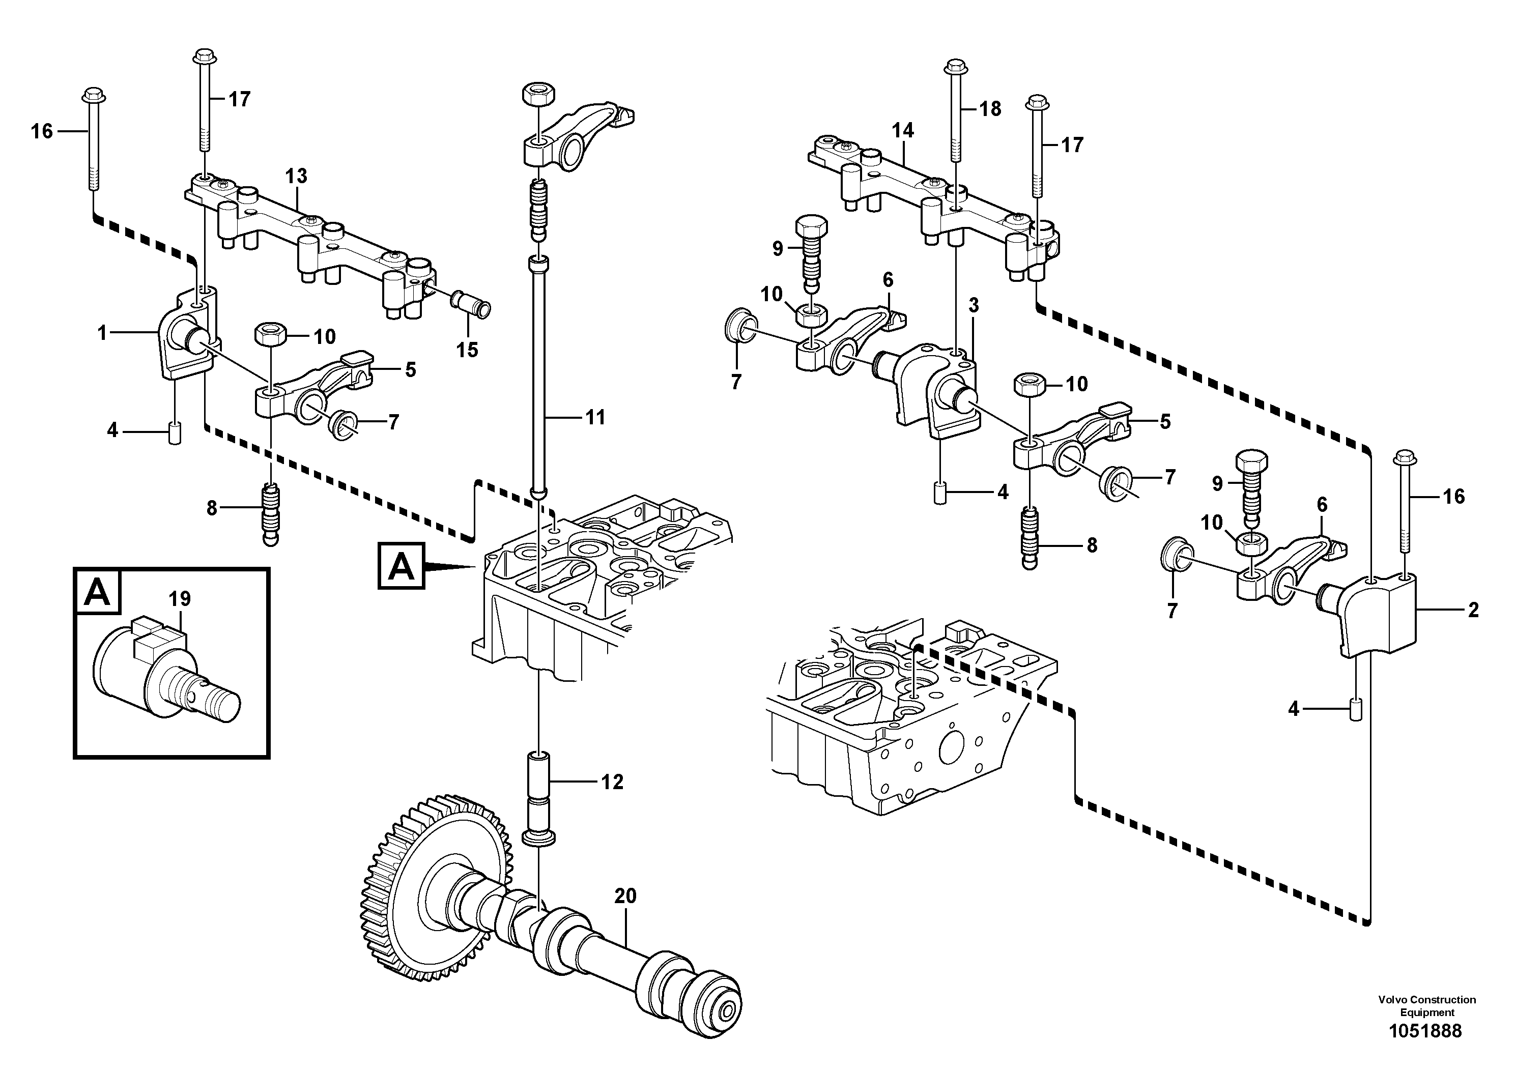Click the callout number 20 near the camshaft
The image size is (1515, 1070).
(x=625, y=896)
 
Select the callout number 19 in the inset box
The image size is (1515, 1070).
(x=180, y=598)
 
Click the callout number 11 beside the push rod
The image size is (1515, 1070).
(x=595, y=417)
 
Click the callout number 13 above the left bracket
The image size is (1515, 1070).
(x=296, y=176)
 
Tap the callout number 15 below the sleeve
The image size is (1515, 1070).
(x=467, y=350)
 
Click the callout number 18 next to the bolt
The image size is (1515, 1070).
(x=990, y=108)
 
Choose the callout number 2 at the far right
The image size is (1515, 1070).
(x=1473, y=610)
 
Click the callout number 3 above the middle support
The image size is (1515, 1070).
(x=973, y=305)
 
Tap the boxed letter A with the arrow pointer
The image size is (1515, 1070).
(x=401, y=566)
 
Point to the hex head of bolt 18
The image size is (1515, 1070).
(x=954, y=67)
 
